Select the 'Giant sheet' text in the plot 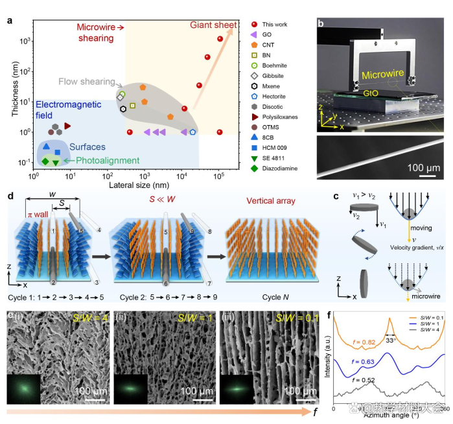coord(213,25)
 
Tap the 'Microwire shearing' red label coord(100,33)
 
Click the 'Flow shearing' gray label coord(87,82)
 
